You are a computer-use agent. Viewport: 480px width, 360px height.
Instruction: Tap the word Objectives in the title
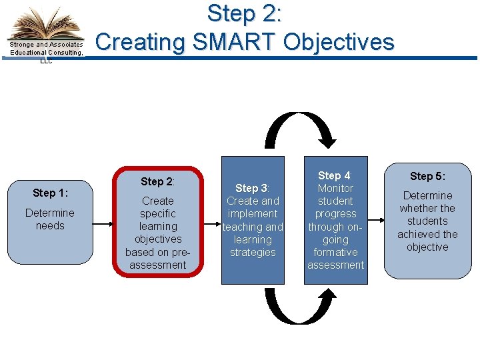(x=339, y=42)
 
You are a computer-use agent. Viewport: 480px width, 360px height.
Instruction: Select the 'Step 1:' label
(x=50, y=193)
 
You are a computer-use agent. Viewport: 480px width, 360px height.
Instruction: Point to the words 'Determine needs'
(x=50, y=219)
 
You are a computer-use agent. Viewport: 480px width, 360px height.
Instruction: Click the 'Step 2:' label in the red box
(x=157, y=182)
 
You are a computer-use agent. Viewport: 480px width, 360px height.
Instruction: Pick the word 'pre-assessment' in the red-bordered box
(x=158, y=259)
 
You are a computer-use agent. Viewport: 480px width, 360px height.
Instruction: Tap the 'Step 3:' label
(x=252, y=189)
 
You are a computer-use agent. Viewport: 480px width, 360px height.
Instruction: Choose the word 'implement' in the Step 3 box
(x=253, y=214)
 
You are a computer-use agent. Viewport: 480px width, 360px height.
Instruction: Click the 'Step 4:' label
(x=335, y=176)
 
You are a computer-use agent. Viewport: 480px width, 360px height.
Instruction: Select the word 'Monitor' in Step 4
(x=335, y=189)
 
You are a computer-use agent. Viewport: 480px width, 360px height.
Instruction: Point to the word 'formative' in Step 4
(x=335, y=252)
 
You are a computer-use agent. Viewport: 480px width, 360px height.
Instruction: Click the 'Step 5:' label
(x=427, y=177)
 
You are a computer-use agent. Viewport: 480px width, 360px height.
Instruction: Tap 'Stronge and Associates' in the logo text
(x=46, y=45)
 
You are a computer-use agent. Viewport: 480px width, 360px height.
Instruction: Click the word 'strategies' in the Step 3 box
(x=253, y=252)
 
